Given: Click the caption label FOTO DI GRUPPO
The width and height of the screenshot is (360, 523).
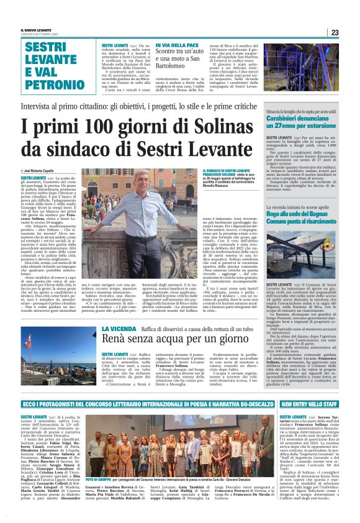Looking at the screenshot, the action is click(98, 481).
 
